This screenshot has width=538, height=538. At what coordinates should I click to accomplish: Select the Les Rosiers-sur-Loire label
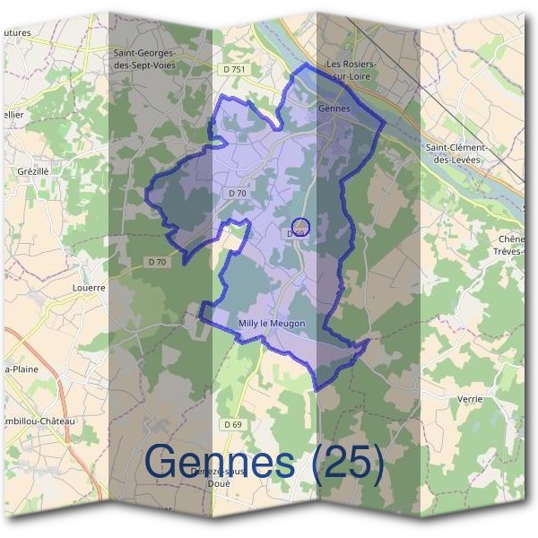351,70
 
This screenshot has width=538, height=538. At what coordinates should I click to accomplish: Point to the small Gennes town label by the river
334,106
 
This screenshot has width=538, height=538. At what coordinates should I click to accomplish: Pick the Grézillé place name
32,169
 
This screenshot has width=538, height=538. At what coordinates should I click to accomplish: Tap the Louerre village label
88,288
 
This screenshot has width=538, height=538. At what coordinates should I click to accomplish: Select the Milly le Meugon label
273,324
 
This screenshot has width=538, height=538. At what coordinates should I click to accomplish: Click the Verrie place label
469,399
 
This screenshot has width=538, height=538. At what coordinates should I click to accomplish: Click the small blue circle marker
301,226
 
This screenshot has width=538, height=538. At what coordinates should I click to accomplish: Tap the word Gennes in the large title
220,462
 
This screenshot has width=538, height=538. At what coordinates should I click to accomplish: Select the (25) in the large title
345,462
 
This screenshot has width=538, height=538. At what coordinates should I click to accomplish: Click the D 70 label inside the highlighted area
238,193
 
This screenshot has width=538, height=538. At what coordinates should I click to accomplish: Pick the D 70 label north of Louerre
157,262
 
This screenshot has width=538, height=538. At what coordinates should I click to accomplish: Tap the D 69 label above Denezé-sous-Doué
233,423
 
